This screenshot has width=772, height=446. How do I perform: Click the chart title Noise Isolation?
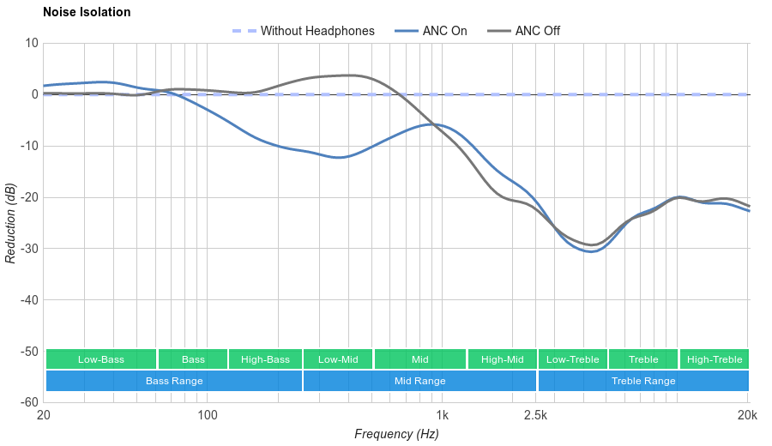pos(87,13)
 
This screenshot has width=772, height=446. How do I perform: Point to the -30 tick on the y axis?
pos(28,249)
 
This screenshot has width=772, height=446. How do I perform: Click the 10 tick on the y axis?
pos(32,43)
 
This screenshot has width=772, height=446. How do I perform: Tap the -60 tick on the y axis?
pos(28,402)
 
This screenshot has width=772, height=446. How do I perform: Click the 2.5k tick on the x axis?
pos(535,416)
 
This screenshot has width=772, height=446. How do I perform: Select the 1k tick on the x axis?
pos(442,416)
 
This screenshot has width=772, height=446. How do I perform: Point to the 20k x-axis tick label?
pos(747,416)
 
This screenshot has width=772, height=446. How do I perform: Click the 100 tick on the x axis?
pos(208,416)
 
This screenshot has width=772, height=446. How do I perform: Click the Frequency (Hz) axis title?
pos(396,434)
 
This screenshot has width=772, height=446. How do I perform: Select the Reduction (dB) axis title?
pos(10,223)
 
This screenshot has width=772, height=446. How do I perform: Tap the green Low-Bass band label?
pos(101,359)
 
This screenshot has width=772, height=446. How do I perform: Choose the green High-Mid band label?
pos(502,359)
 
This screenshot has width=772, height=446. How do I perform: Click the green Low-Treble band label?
pos(573,359)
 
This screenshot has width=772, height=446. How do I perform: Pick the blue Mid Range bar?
pos(419,381)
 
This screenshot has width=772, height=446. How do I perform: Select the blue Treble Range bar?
pos(643,381)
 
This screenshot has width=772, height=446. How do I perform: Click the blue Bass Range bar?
pos(174,381)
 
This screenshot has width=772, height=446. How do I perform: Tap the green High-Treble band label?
pos(715,359)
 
